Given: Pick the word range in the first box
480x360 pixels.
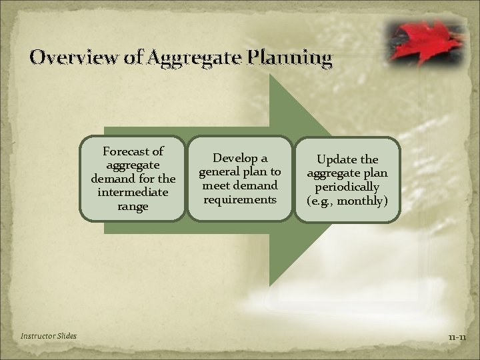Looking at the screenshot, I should (132, 207).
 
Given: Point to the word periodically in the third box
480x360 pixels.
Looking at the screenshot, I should (347, 187).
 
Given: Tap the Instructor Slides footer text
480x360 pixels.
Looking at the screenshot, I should (49, 335).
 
